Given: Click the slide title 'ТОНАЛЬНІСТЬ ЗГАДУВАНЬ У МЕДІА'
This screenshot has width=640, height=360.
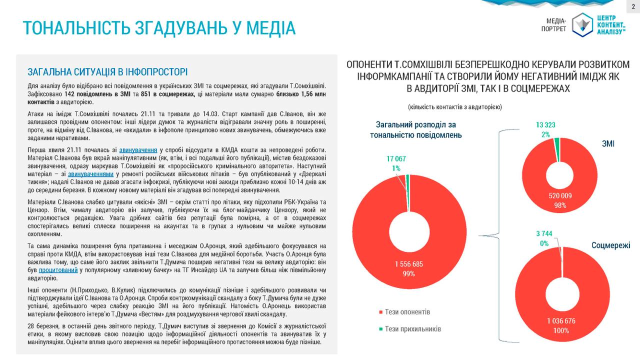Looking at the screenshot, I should pos(159,28).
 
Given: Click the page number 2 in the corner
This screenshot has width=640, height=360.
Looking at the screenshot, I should pos(632,6).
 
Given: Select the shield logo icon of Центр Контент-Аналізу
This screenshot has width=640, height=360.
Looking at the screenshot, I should pos(581,24).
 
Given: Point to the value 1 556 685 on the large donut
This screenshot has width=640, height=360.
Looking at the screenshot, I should pos(409,263).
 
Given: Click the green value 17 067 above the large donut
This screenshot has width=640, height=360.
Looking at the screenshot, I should pos(396,159).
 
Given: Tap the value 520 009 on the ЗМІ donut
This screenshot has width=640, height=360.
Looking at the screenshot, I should pos(559,195).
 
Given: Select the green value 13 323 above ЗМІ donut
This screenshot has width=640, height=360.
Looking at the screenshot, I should pos(545,124).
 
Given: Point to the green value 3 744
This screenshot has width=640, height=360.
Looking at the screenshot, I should pos(544,233).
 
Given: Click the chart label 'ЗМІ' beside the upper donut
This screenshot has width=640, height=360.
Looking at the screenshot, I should pos(608,143).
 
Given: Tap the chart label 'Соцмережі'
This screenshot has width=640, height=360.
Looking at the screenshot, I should pos(610,245).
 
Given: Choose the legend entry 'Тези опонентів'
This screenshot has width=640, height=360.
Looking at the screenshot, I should pos(407,312).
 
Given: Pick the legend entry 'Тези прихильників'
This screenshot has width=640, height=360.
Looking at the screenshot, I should pos(413,329).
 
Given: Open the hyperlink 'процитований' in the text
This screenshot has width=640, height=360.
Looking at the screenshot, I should pos(57,270).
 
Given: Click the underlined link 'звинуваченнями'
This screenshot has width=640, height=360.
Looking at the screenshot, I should pos(90,174).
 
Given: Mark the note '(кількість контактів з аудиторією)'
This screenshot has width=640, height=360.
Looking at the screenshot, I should pos(454,107).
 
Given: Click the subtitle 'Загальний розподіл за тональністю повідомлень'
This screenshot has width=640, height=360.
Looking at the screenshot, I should pos(415,130).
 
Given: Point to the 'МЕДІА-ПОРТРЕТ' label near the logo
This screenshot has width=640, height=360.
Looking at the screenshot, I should pos(553,24).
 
